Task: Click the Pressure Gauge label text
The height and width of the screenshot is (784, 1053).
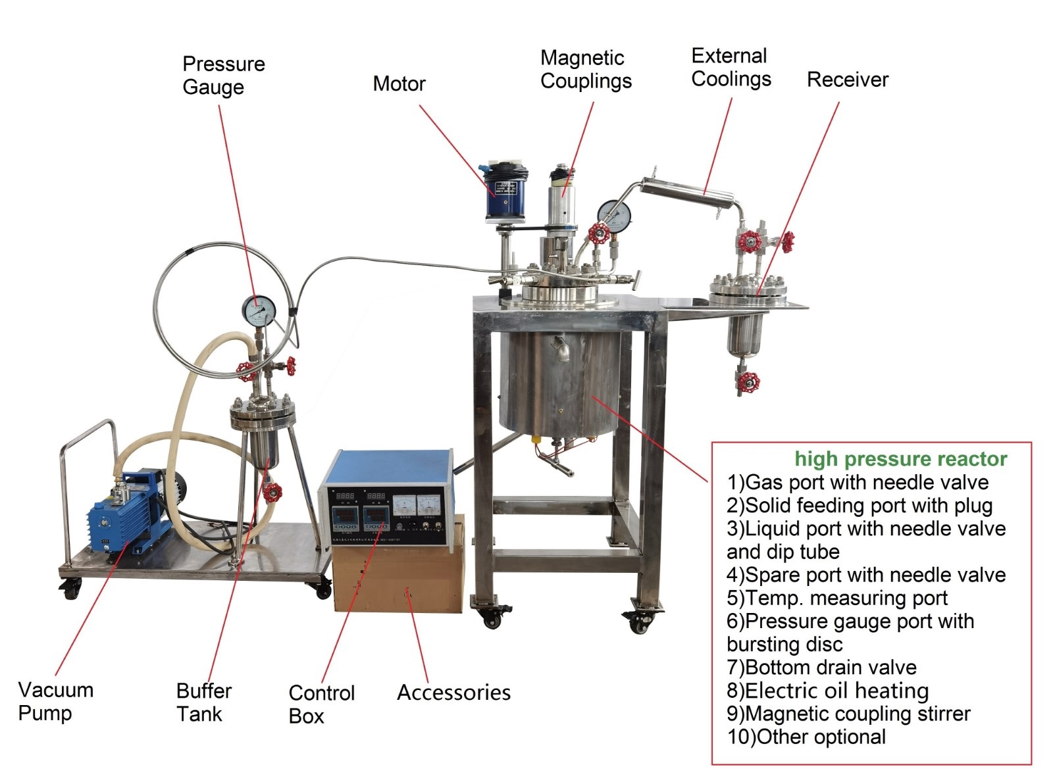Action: (223, 75)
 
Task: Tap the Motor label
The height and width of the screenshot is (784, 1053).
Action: (399, 84)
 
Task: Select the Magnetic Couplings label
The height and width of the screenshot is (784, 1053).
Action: (585, 69)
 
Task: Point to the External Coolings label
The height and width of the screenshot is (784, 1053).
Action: (731, 67)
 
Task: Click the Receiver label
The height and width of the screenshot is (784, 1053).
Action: (847, 80)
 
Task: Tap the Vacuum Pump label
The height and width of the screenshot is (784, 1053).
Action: (55, 701)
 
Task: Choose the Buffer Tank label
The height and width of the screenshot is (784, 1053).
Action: (203, 702)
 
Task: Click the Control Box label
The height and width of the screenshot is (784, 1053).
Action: (321, 704)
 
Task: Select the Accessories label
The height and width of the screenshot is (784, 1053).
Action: (453, 693)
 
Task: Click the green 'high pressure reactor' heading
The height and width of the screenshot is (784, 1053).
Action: (900, 458)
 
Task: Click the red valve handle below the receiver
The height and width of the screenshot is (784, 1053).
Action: (748, 381)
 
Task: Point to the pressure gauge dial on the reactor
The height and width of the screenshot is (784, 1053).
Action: (614, 213)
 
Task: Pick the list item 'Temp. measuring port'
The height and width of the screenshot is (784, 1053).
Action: (836, 598)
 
